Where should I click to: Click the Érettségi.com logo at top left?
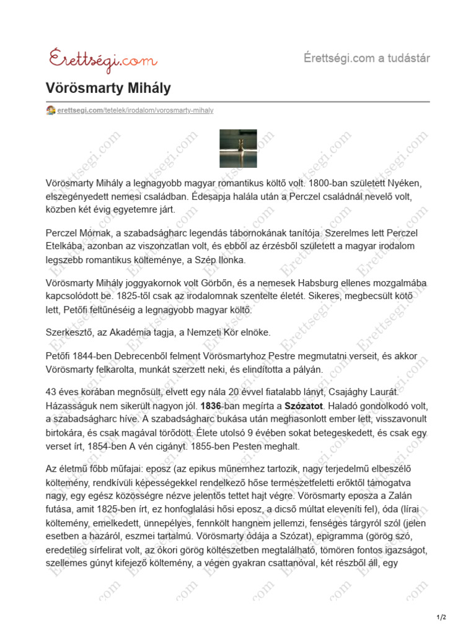tap(102, 59)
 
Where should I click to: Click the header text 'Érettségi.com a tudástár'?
tap(367, 58)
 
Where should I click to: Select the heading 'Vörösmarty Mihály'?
tap(108, 89)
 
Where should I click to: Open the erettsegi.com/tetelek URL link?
tap(134, 110)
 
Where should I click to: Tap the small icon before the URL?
tap(51, 110)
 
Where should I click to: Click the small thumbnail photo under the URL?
tap(237, 149)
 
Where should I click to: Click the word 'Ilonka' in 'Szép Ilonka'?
tap(232, 259)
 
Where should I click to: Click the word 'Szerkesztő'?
tap(70, 332)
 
